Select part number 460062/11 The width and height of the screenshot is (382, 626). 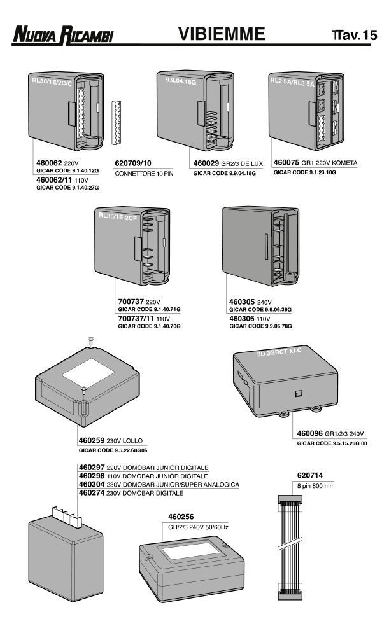[53, 181]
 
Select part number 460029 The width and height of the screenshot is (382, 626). [208, 163]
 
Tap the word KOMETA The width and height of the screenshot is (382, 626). [343, 163]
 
